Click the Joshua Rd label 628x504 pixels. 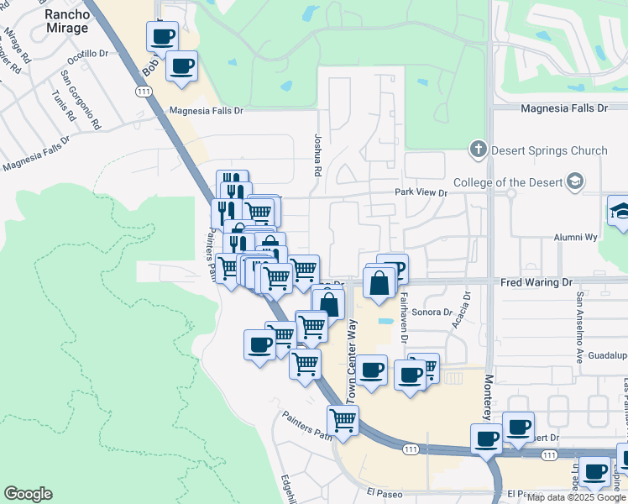click(317, 155)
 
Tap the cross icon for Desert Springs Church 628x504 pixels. click(478, 150)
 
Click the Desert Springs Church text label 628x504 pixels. click(550, 151)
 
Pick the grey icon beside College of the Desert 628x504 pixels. click(575, 181)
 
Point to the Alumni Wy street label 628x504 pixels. click(575, 238)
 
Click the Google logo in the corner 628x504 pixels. click(28, 494)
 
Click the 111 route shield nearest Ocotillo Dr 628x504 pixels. click(143, 91)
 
